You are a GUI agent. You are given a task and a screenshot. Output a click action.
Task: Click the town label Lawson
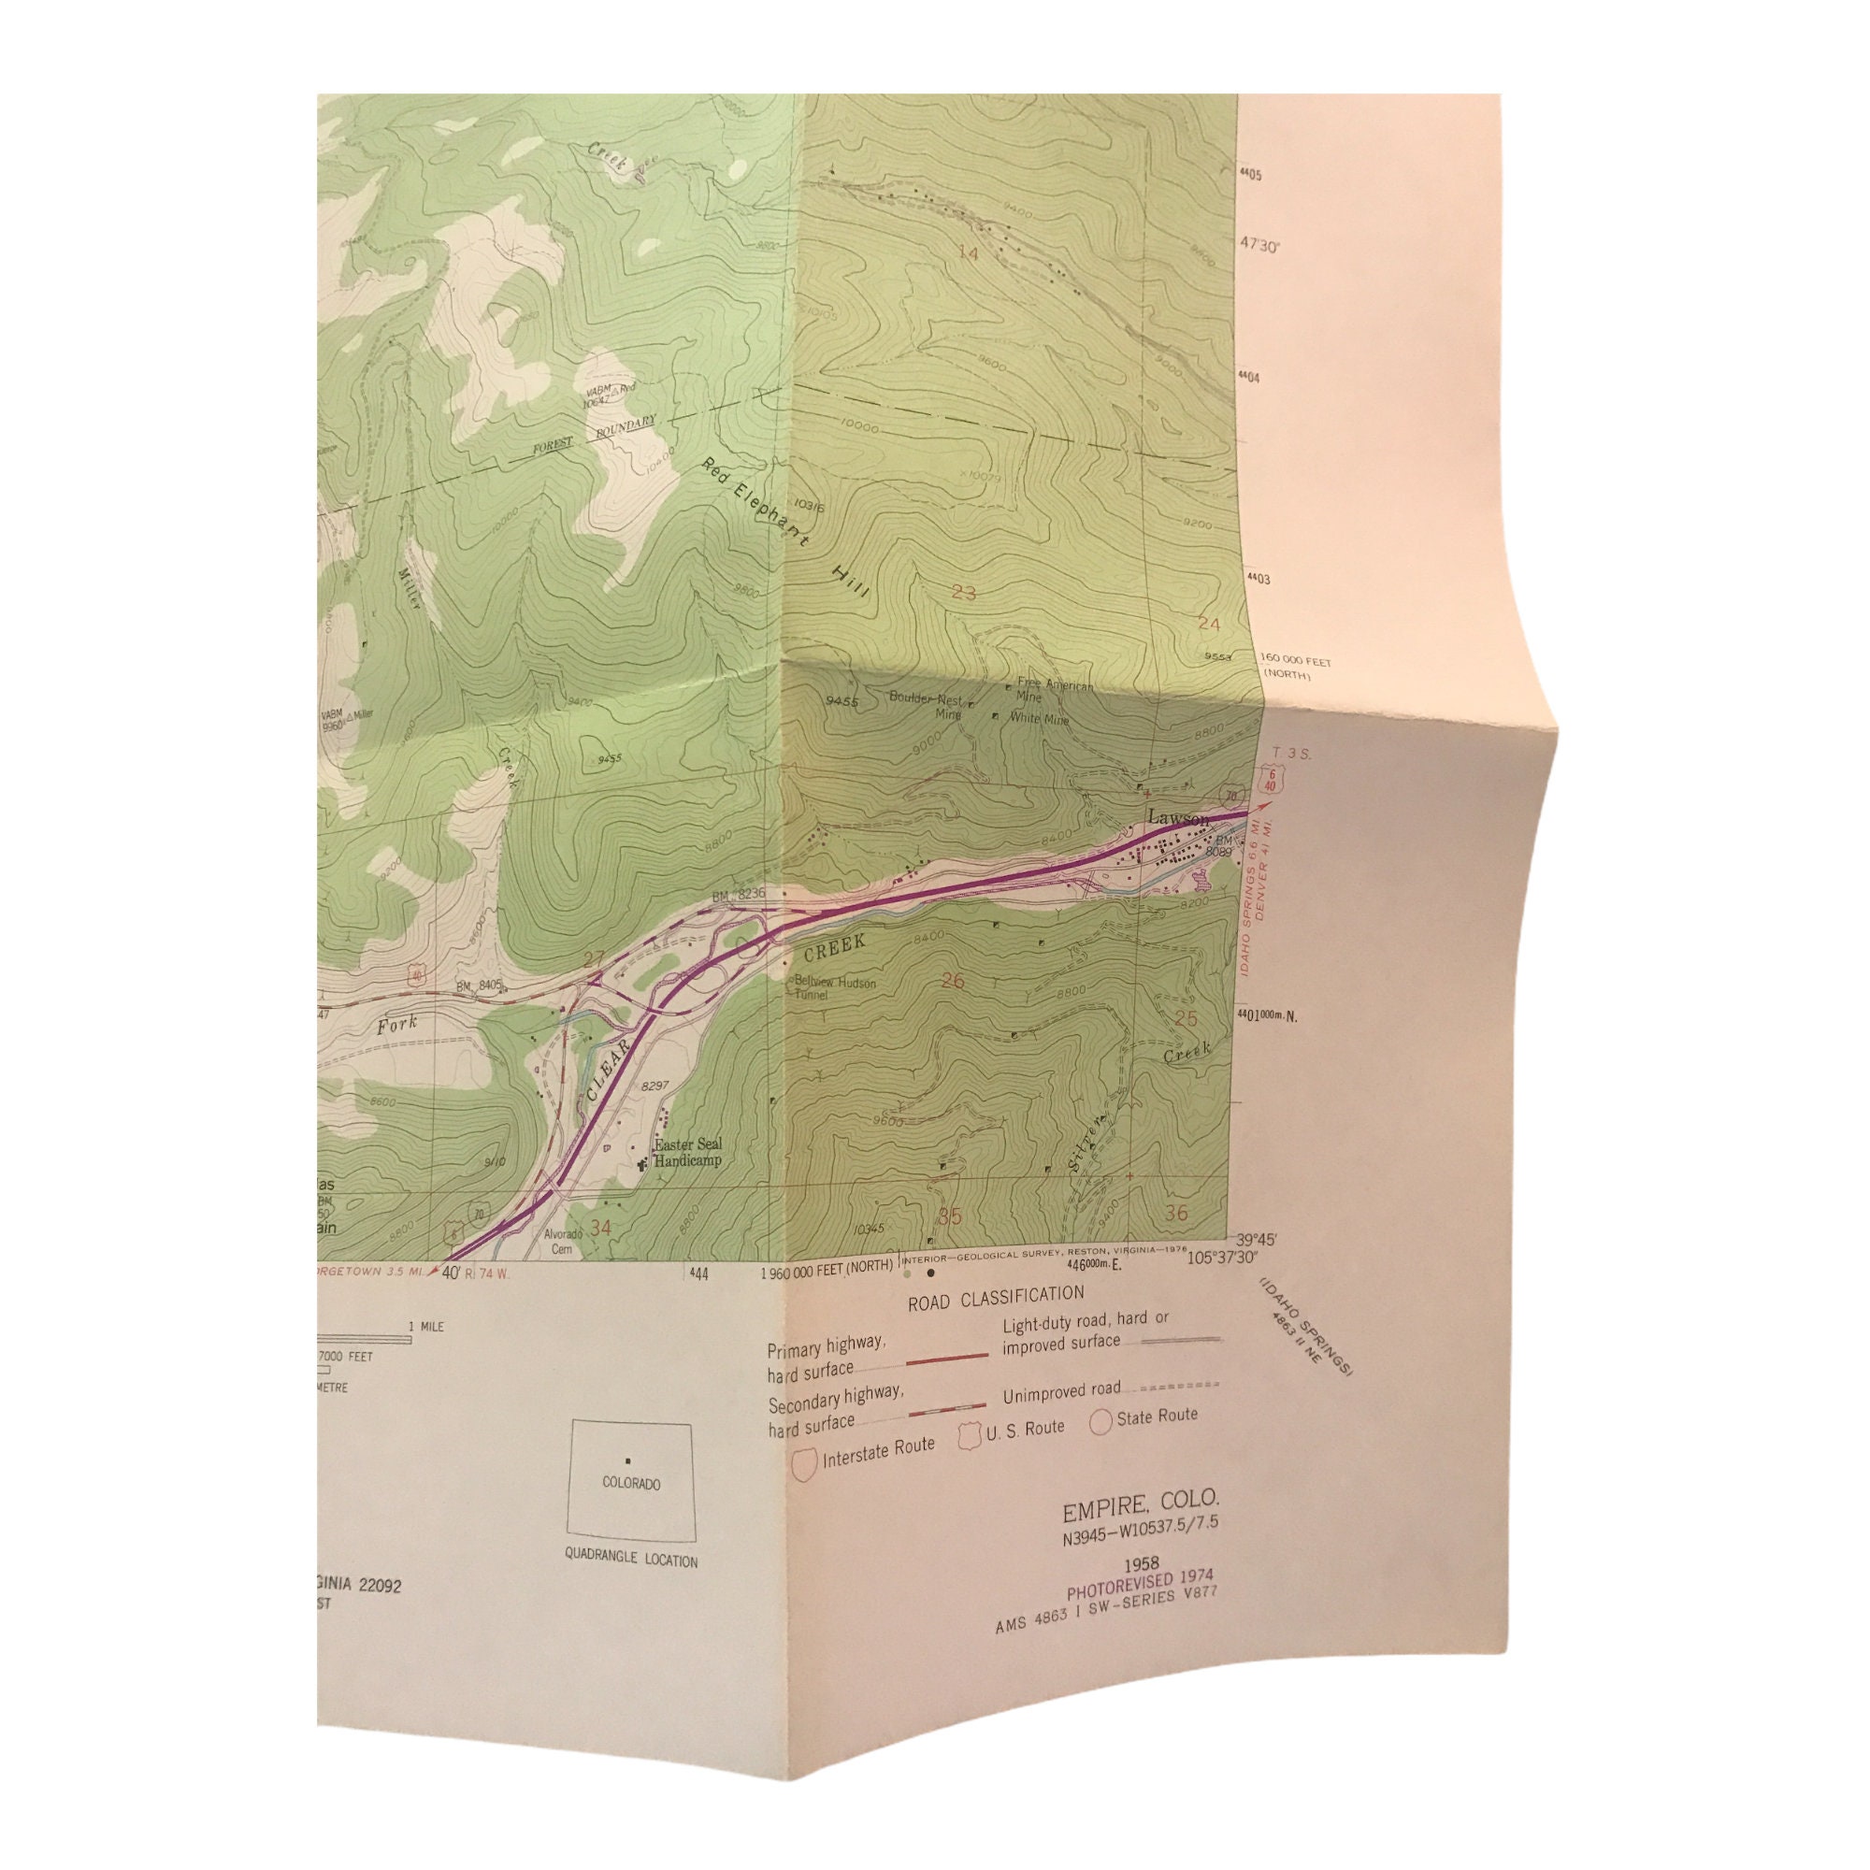[x=1178, y=820]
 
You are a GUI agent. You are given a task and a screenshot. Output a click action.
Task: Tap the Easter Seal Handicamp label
[x=687, y=1152]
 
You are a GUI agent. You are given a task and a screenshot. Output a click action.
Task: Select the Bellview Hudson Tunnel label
[x=834, y=988]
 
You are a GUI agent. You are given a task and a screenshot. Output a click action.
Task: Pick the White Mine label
[x=1040, y=719]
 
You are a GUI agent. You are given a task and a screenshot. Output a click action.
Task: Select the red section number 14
[x=967, y=253]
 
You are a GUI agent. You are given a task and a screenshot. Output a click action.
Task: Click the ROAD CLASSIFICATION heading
[x=995, y=1297]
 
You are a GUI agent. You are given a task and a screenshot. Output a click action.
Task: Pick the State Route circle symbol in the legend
[x=1100, y=1423]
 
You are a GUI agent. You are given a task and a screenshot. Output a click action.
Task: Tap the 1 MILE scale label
[x=425, y=1326]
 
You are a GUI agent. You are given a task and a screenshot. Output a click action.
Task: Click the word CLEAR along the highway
[x=608, y=1071]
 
